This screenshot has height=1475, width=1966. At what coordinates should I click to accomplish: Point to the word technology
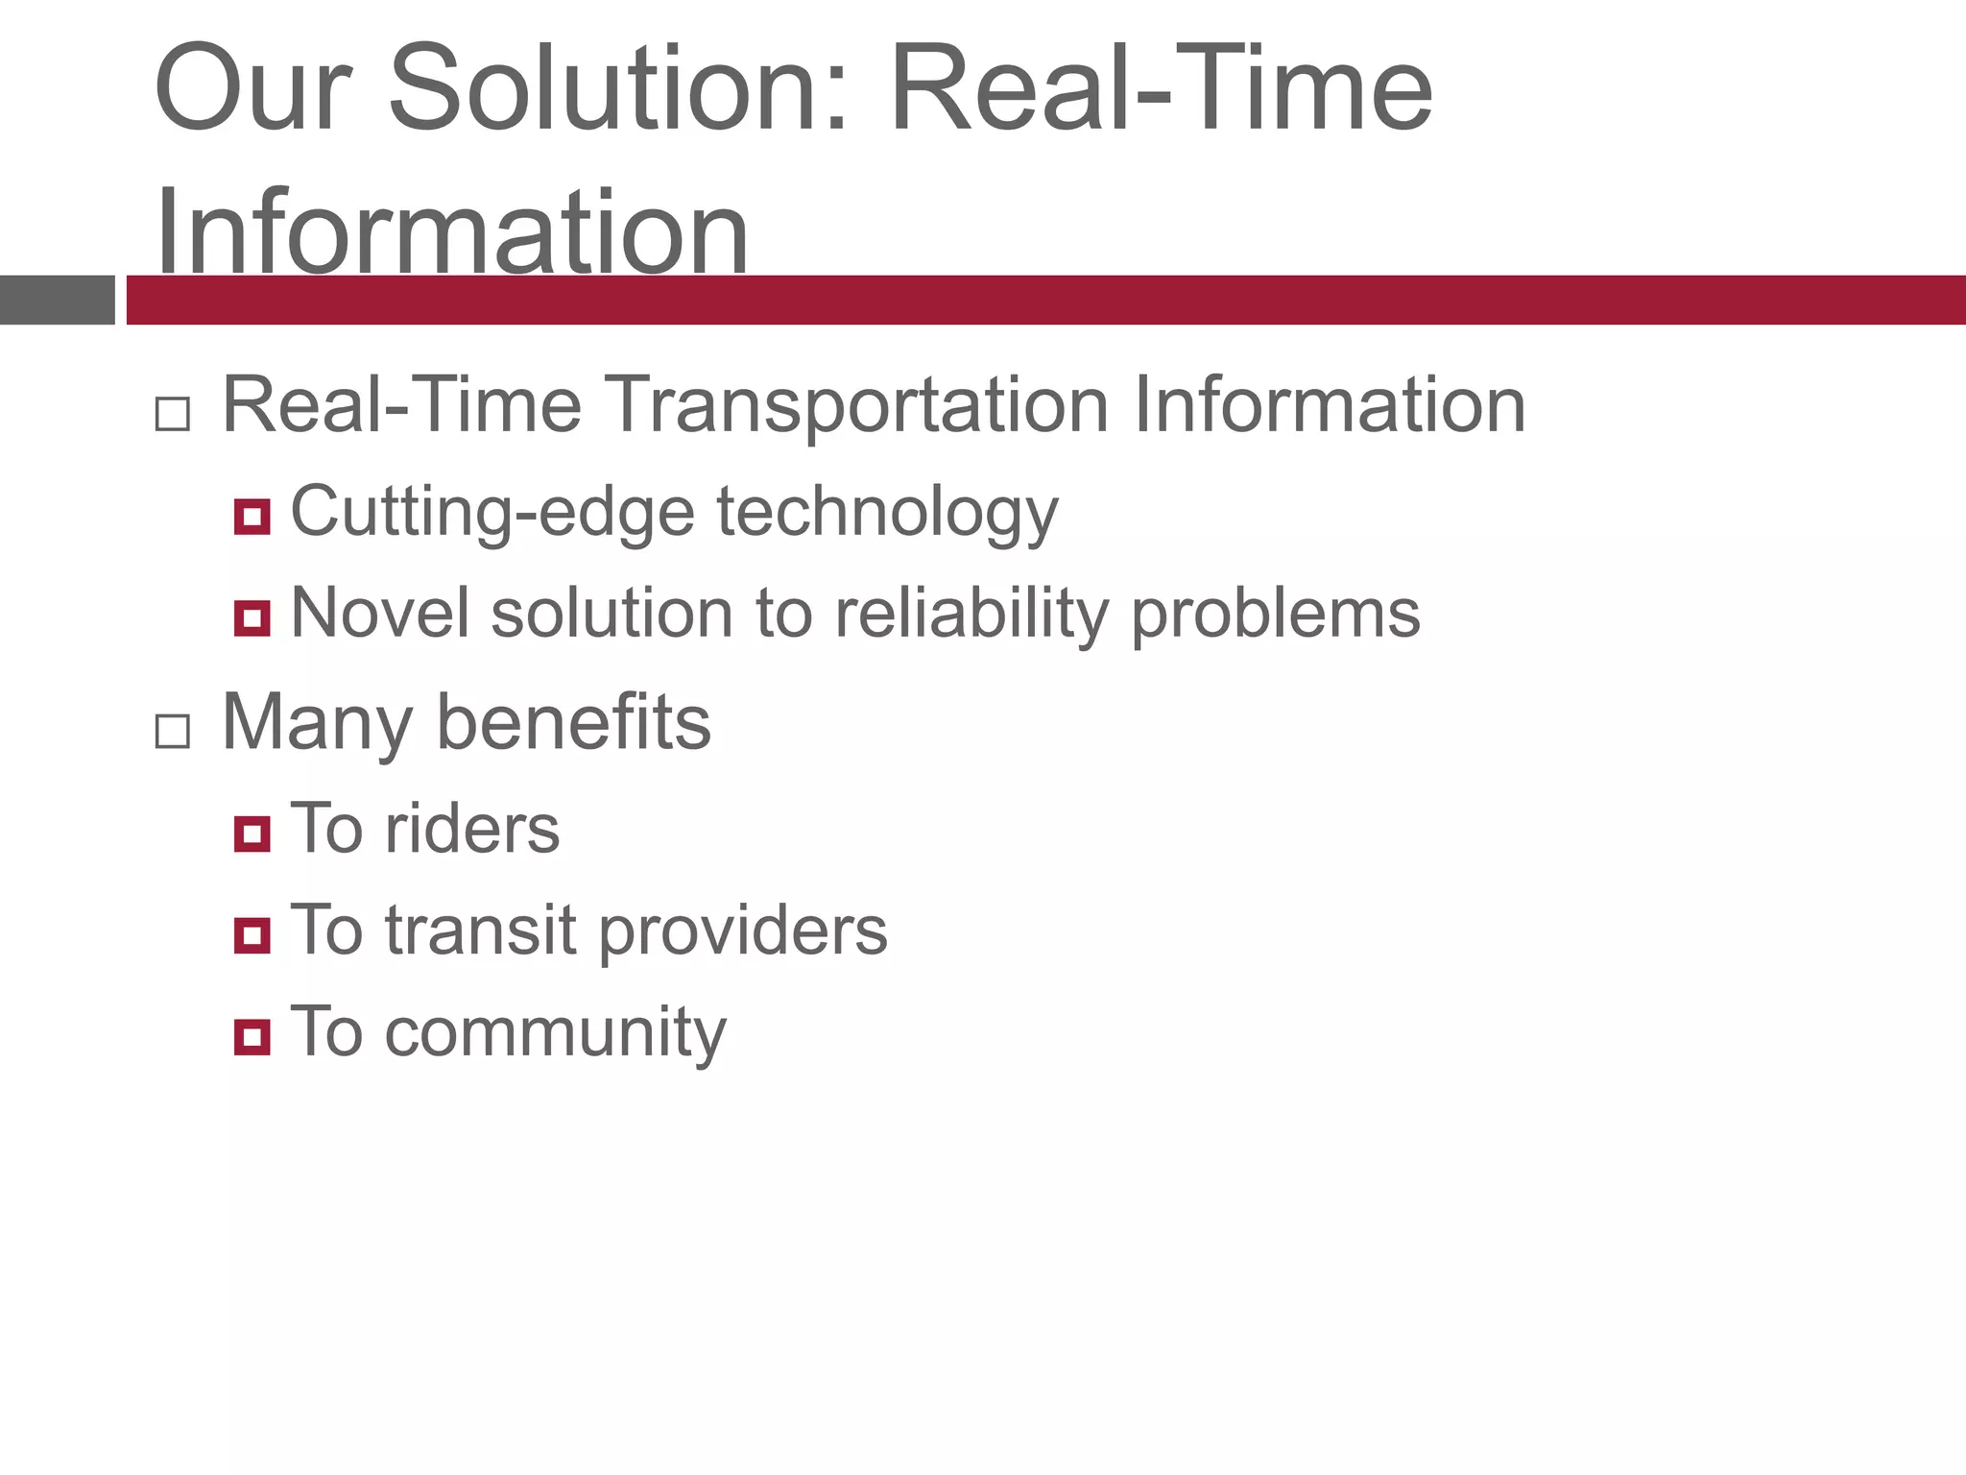tap(887, 512)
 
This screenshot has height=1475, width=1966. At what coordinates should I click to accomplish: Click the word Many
tap(317, 723)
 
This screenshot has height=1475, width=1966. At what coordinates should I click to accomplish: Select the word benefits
tap(574, 721)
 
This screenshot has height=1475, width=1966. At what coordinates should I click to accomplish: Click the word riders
tap(472, 828)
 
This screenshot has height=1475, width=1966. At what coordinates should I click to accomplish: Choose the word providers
tap(744, 930)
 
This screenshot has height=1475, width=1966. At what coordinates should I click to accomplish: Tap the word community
tap(557, 1032)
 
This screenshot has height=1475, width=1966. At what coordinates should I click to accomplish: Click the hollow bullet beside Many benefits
tap(173, 732)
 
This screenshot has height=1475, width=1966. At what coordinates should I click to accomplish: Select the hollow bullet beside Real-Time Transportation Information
tap(173, 415)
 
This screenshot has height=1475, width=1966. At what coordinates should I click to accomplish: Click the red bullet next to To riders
tap(252, 834)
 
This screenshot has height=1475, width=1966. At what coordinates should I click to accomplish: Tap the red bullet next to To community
tap(252, 1037)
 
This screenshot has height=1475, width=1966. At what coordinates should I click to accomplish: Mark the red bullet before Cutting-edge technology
tap(252, 517)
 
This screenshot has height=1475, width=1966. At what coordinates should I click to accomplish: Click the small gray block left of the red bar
tap(57, 300)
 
